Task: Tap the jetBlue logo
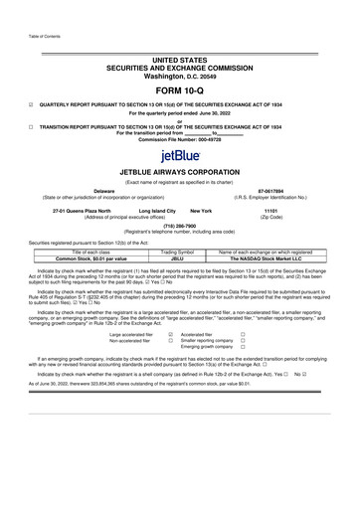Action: click(179, 156)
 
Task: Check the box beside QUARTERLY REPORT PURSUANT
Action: click(31, 103)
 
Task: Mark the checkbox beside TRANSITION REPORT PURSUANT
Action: click(31, 127)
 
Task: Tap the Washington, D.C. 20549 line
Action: click(179, 71)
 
